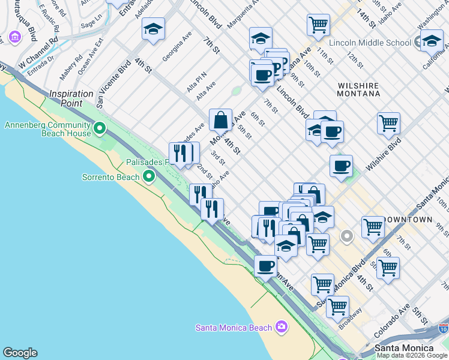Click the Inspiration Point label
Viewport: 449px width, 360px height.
click(71, 94)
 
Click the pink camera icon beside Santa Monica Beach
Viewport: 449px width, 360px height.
click(281, 327)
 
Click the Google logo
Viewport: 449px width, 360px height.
click(20, 353)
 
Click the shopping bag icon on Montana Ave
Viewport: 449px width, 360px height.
click(220, 120)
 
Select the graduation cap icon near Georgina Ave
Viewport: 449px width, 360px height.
click(153, 29)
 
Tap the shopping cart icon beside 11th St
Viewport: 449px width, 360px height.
click(318, 25)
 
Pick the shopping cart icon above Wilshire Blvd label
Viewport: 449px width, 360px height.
click(389, 124)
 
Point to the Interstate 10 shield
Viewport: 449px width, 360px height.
click(443, 329)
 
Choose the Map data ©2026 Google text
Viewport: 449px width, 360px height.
click(412, 355)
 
